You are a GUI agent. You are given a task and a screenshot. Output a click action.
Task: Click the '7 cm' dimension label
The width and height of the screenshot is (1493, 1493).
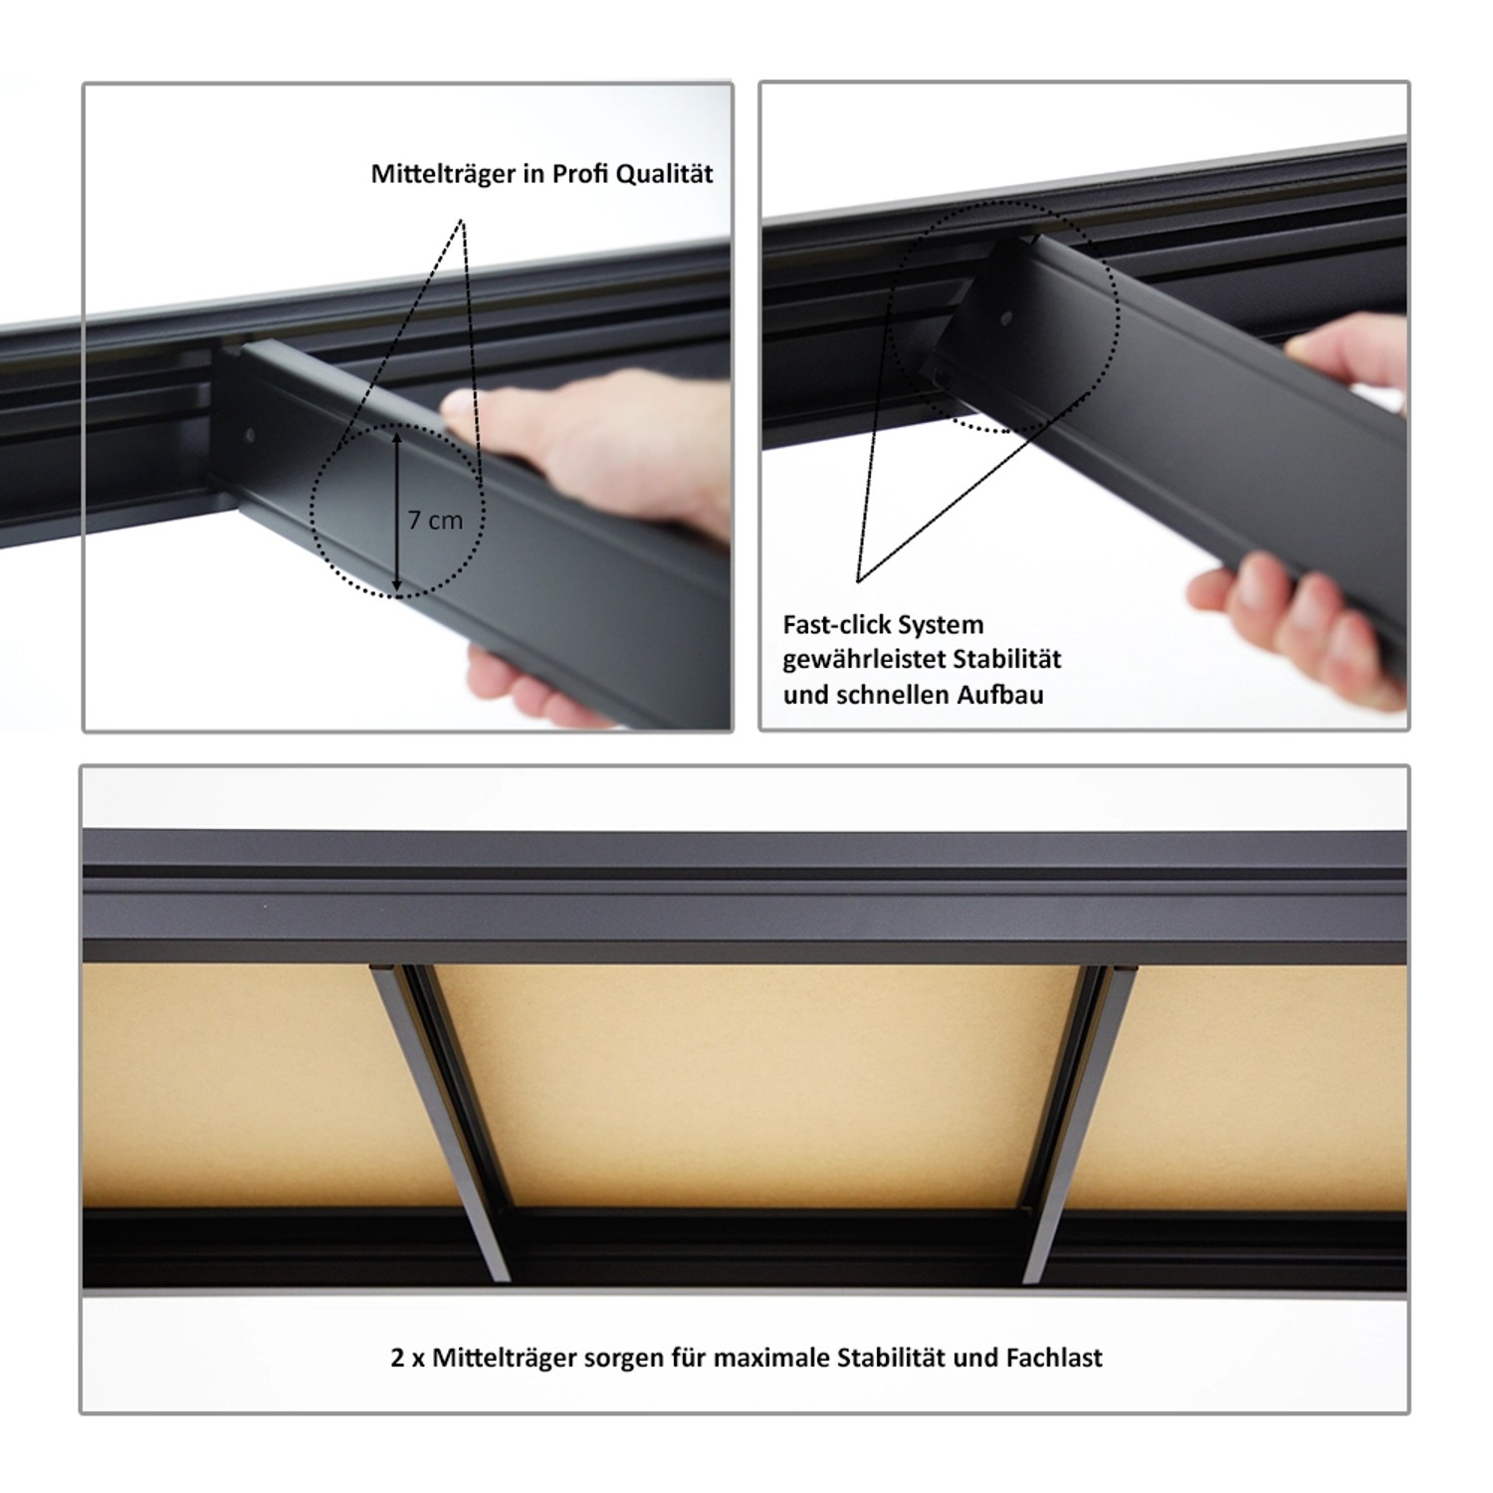pyautogui.click(x=435, y=520)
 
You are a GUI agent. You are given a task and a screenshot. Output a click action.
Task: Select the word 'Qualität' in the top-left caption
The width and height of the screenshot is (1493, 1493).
pyautogui.click(x=664, y=174)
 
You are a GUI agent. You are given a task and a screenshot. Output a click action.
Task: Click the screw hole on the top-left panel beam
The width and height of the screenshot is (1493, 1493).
pyautogui.click(x=249, y=435)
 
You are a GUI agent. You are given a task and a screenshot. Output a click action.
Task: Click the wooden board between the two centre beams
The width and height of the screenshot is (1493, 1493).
pyautogui.click(x=756, y=1085)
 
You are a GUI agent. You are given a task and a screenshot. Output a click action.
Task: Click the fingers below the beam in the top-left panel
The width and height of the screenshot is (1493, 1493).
pyautogui.click(x=528, y=682)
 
